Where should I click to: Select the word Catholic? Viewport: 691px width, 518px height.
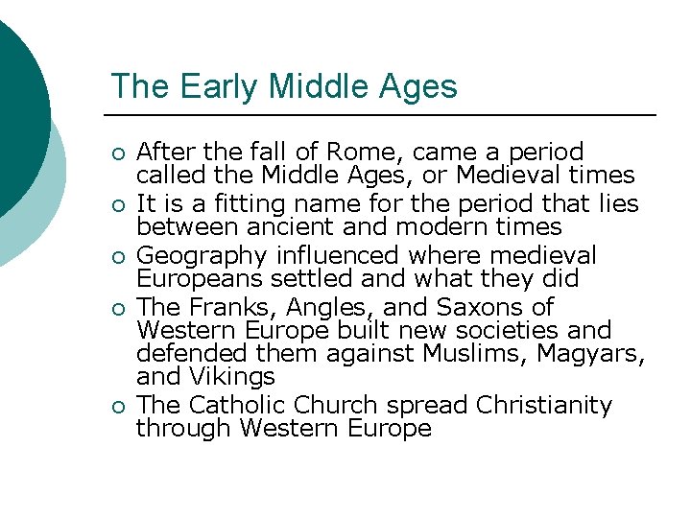[231, 405]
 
